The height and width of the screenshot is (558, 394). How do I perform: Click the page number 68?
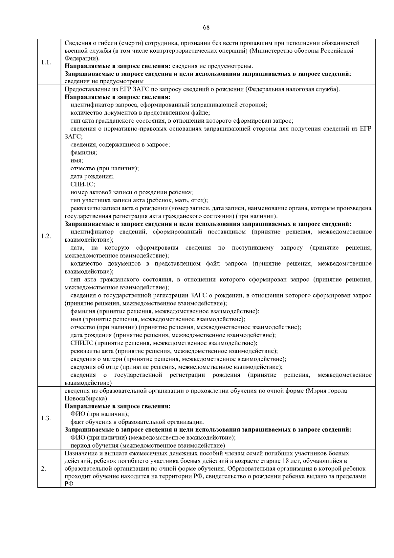coord(206,28)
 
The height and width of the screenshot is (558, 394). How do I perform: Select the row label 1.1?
coord(46,62)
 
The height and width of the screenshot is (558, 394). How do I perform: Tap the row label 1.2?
coord(46,236)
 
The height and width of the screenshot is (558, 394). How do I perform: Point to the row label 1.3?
coord(46,418)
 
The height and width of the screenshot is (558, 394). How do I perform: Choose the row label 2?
coord(44,469)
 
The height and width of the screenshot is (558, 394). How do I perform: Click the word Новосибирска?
coord(86,399)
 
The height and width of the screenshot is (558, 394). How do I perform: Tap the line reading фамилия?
coord(84,153)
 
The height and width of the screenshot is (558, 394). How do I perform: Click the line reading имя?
coord(77,160)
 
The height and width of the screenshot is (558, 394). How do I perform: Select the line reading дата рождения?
coord(92,177)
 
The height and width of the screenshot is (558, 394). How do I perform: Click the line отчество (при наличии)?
coord(105,168)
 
